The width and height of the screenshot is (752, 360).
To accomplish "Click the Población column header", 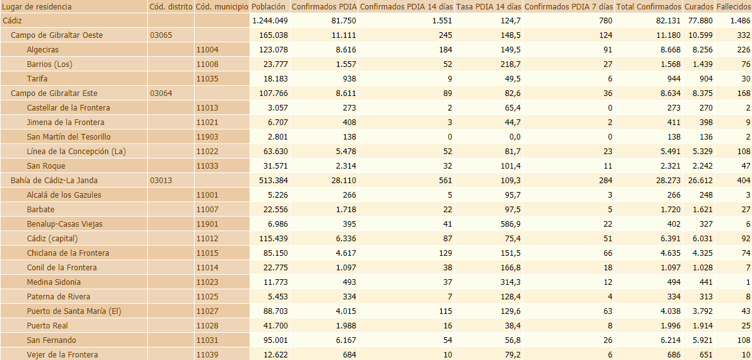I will point(269,6).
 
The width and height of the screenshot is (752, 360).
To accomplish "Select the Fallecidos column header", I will point(733,6).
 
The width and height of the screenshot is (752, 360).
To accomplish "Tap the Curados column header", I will point(698,6).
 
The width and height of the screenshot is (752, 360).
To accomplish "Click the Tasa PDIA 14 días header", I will point(488,6).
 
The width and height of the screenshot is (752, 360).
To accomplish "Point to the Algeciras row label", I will point(43,50).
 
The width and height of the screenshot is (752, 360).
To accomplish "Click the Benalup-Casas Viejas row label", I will point(64,224).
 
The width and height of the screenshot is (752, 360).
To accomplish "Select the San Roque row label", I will point(45,166).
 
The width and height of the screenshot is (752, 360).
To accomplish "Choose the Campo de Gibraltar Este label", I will point(54,93).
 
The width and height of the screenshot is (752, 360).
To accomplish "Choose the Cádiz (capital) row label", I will point(52,239).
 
